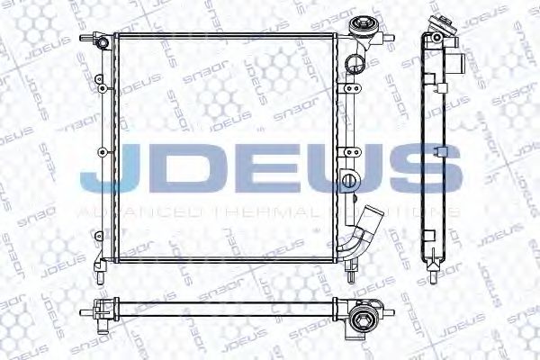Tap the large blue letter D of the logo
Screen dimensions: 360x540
pos(178,171)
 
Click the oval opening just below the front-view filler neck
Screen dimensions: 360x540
pos(354,63)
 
